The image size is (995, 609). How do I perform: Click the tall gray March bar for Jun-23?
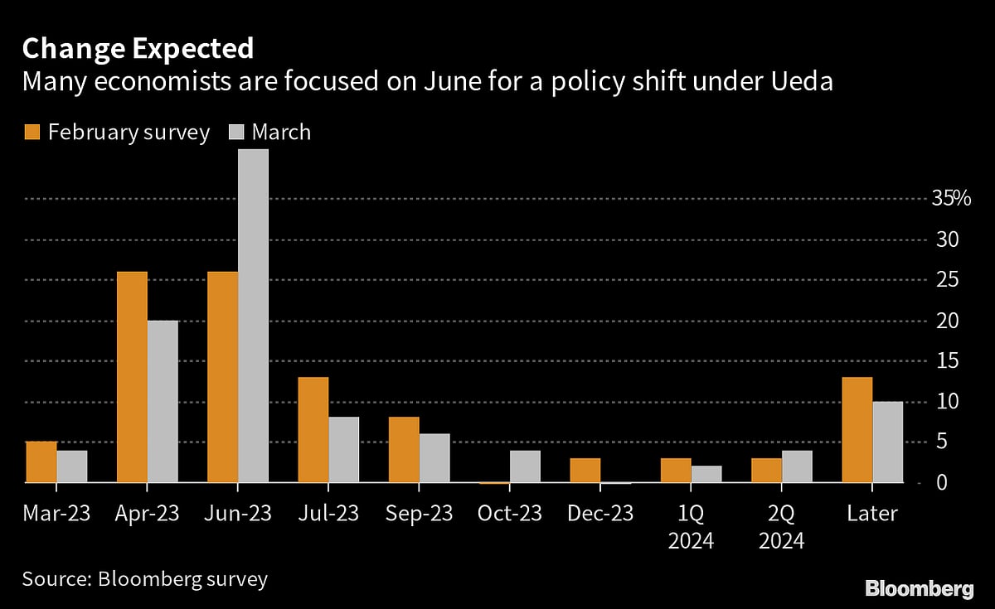click(x=253, y=315)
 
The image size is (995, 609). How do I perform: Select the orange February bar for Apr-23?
click(x=132, y=377)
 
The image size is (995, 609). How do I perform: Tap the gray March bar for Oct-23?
click(x=525, y=466)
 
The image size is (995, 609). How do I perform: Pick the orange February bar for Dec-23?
click(x=585, y=470)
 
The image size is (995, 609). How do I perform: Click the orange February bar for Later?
click(x=857, y=429)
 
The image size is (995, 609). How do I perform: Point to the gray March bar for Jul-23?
click(x=343, y=449)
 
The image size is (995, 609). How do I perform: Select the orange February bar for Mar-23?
click(x=41, y=462)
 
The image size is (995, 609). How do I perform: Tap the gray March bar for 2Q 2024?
click(x=797, y=466)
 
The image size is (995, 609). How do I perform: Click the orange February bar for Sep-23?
click(x=404, y=449)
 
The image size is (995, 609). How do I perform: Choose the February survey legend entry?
click(x=116, y=133)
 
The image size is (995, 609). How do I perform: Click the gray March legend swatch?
click(x=236, y=133)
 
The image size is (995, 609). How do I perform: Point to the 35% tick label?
click(x=950, y=199)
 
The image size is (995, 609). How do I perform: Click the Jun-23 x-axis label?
click(x=239, y=514)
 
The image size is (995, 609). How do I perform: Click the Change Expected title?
click(x=138, y=49)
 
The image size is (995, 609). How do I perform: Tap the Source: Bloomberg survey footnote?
click(x=145, y=578)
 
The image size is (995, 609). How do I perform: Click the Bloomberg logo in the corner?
click(x=919, y=588)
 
